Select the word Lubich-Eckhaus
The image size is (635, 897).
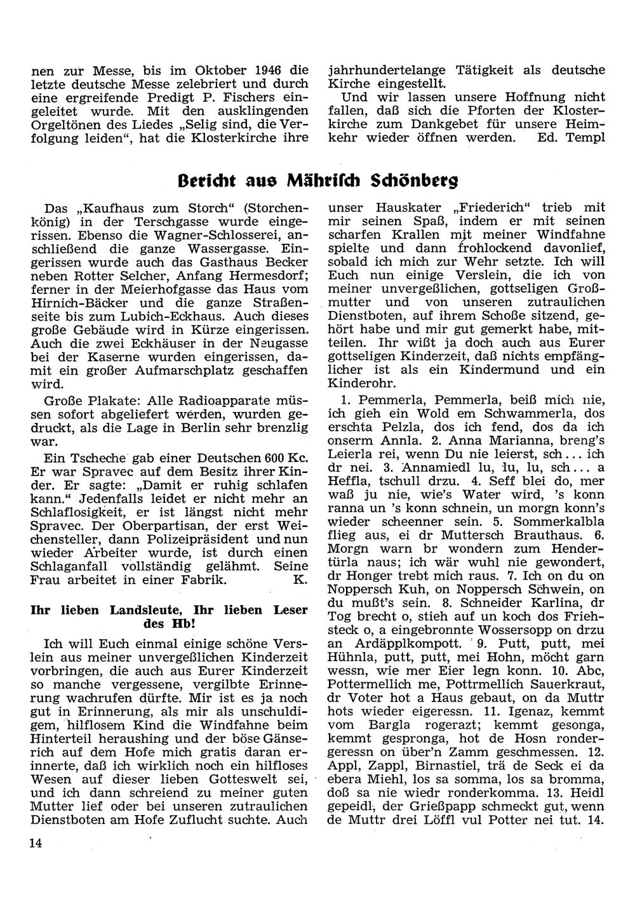184,316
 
